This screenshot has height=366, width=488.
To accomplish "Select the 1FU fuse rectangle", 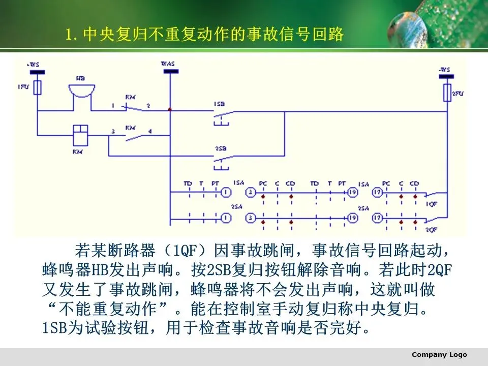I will pos(37,88).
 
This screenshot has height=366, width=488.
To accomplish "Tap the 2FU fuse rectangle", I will pos(447,92).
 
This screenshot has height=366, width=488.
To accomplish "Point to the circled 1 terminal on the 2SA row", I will pos(225,218).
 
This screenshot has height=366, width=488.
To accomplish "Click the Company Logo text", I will pos(439,355).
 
